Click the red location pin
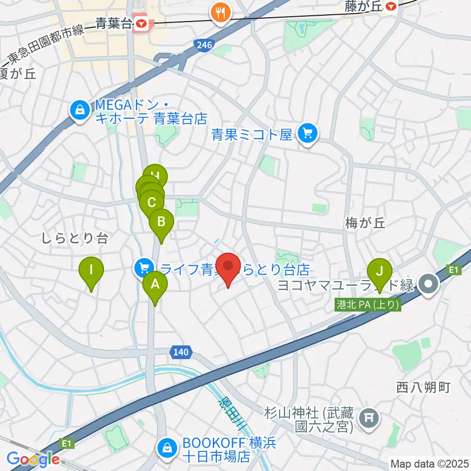click(228, 268)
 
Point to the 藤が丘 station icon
click(391, 6)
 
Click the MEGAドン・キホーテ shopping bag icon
click(79, 110)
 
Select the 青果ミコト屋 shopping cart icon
click(308, 132)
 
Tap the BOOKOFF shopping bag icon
click(167, 447)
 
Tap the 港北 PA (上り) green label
click(367, 305)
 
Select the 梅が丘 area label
click(366, 223)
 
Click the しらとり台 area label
click(75, 238)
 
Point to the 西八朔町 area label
click(422, 387)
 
